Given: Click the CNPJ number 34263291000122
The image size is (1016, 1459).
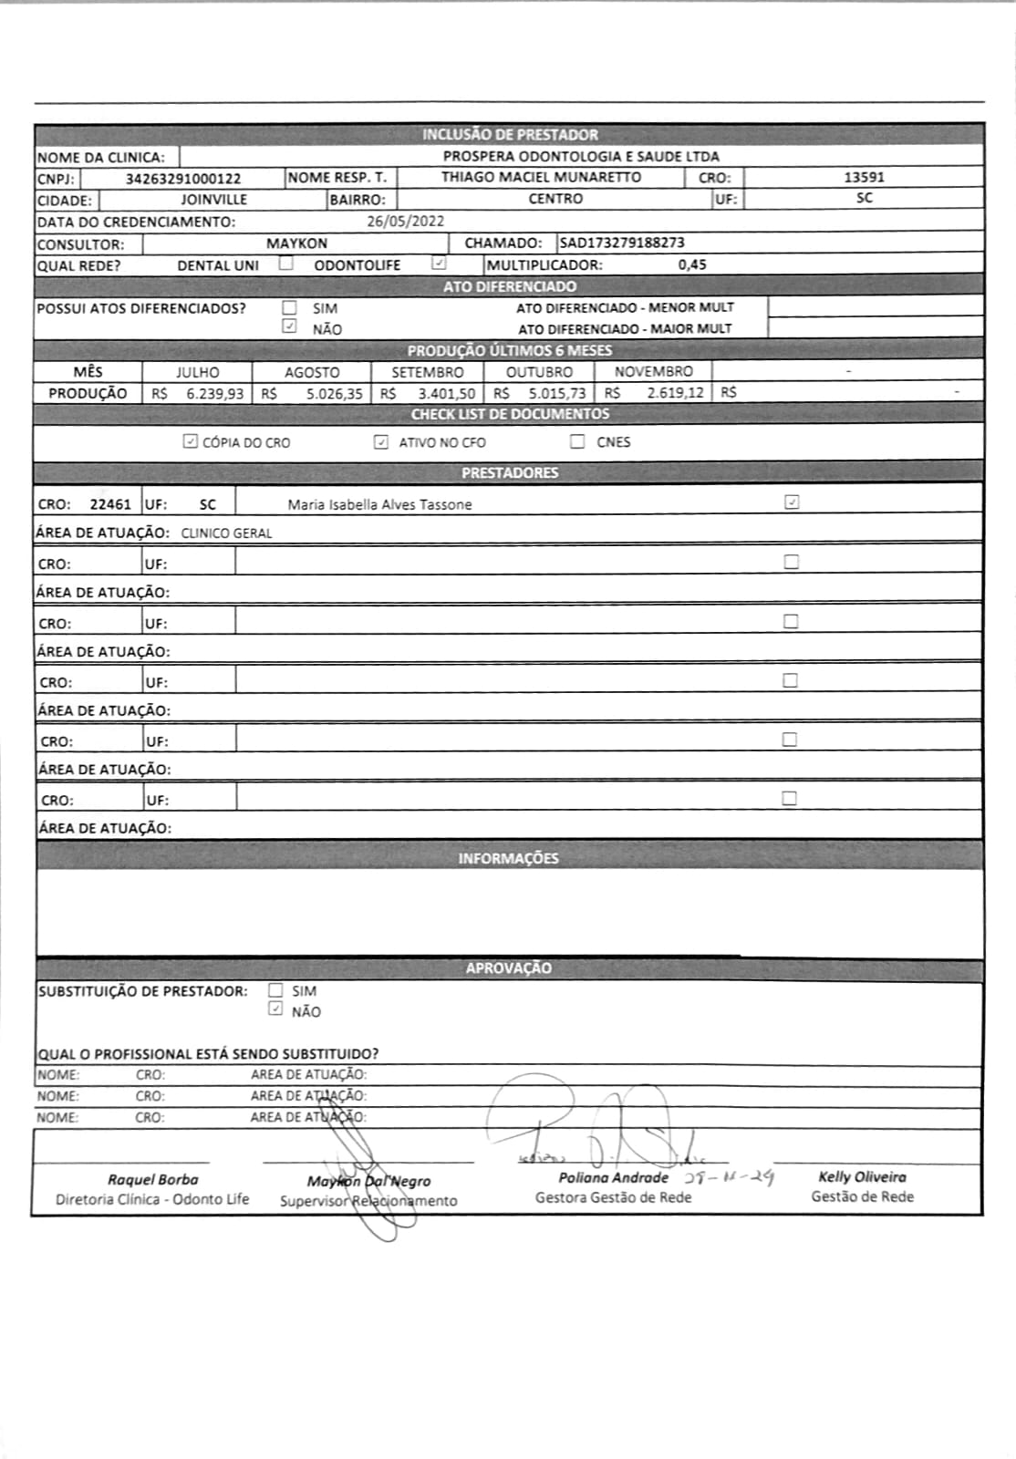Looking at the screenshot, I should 182,179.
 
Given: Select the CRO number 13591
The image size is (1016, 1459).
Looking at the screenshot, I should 863,178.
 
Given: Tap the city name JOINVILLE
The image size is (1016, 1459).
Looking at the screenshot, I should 213,200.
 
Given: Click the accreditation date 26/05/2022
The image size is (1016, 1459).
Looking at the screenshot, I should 405,222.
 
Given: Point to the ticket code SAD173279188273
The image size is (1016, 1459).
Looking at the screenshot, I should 622,243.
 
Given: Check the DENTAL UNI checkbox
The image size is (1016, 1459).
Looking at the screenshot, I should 286,264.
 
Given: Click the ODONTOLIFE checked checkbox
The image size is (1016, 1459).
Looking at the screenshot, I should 439,264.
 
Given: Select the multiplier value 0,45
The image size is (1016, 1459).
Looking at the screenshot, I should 692,265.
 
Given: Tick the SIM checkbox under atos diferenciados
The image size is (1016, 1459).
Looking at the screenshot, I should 290,308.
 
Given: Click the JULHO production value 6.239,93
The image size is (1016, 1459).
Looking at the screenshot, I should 214,394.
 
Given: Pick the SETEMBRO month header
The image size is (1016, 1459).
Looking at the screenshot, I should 427,372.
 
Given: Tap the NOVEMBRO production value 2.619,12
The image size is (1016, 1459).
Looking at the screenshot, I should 675,393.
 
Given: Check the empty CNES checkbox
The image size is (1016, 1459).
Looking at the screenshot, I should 577,442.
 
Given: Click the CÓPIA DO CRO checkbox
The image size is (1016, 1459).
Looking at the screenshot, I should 190,442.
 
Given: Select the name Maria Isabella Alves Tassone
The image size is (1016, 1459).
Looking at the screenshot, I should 379,504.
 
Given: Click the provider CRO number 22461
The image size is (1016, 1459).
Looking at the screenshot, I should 110,504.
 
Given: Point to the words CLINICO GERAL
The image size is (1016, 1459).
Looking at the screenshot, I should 226,533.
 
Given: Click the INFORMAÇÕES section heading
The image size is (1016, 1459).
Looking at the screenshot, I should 508,858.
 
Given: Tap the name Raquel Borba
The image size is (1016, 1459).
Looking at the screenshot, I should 152,1180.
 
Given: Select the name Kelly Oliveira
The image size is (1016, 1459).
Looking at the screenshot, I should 862,1177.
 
